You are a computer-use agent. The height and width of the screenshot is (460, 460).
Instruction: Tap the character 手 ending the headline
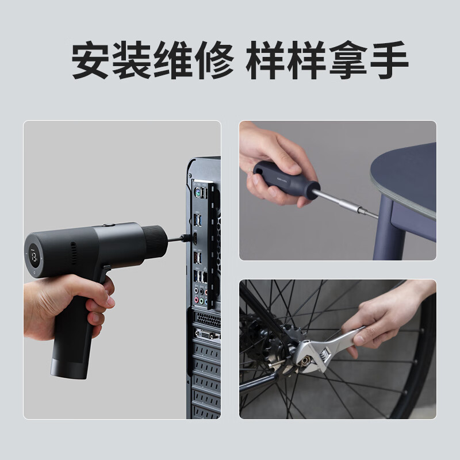389,60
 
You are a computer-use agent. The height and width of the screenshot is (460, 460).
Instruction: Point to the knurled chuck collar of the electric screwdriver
154,240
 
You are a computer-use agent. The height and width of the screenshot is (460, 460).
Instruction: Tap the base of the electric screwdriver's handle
68,368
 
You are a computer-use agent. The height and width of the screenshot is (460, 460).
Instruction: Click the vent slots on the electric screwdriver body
74,253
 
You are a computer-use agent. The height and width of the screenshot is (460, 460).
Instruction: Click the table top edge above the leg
402,195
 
